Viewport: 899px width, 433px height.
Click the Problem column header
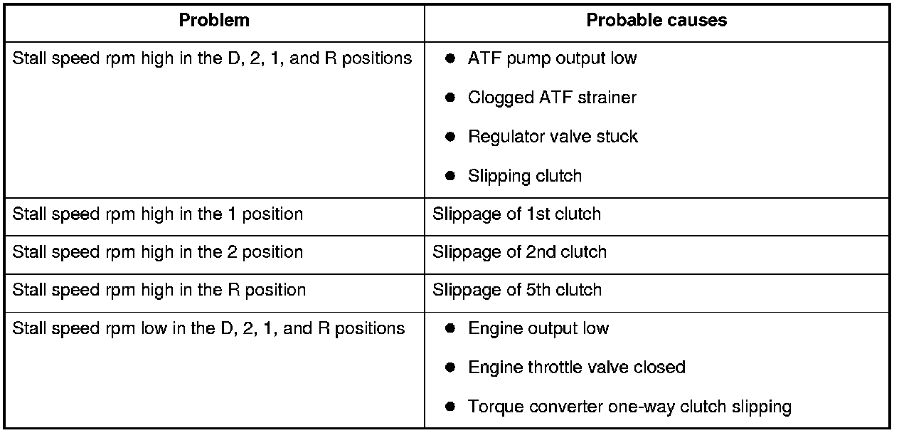214,21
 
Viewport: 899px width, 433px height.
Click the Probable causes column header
656,21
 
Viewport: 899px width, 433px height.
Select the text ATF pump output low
552,59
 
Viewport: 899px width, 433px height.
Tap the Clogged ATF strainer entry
552,98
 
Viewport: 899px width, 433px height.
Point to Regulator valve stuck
553,137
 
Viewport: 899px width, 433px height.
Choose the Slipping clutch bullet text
524,176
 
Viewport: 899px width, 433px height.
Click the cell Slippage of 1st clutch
516,214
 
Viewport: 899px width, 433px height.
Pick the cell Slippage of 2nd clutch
519,252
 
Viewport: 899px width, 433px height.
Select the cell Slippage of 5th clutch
517,291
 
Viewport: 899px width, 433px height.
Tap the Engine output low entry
538,329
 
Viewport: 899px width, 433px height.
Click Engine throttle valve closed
576,367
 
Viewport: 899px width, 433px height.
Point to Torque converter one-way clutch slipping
629,407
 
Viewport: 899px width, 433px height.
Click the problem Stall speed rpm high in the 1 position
158,214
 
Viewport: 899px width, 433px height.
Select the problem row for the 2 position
158,252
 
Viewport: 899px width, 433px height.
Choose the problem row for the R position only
159,291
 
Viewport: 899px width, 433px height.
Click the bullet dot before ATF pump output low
449,59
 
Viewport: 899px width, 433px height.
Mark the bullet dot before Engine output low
449,329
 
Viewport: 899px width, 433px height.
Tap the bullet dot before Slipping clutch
449,176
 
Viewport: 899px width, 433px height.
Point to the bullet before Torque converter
449,407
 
